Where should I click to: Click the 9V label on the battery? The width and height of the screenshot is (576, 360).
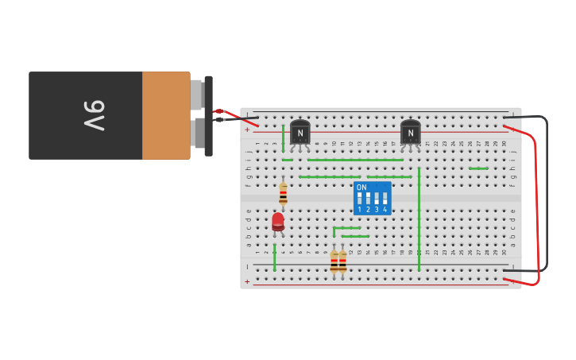tap(94, 116)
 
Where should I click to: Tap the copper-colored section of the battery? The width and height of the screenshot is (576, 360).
tap(165, 116)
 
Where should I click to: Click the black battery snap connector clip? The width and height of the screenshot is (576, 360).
tap(208, 116)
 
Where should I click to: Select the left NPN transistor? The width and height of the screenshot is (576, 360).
tap(300, 132)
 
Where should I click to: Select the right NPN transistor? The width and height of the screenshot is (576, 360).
tap(410, 132)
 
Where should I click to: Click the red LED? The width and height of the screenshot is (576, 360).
tap(278, 221)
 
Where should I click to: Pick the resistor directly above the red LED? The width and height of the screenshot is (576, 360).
tap(283, 193)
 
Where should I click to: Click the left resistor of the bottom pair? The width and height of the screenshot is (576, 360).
tap(334, 261)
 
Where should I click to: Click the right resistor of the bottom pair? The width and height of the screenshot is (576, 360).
tap(342, 261)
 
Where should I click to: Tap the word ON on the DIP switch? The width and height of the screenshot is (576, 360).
tap(361, 188)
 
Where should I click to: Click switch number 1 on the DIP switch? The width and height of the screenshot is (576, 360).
tap(360, 198)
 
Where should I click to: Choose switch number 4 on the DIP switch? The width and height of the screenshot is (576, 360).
tap(385, 198)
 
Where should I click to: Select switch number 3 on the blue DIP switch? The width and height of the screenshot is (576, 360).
tap(377, 198)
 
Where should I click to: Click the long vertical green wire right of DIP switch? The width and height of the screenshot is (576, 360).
tap(419, 219)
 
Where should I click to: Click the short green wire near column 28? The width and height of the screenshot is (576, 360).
tap(478, 168)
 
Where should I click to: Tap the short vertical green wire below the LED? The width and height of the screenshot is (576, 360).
tap(275, 257)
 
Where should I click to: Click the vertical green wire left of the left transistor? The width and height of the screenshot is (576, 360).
tap(283, 138)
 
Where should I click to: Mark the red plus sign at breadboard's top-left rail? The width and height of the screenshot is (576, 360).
tap(247, 129)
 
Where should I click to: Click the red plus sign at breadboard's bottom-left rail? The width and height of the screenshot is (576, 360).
tap(247, 281)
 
